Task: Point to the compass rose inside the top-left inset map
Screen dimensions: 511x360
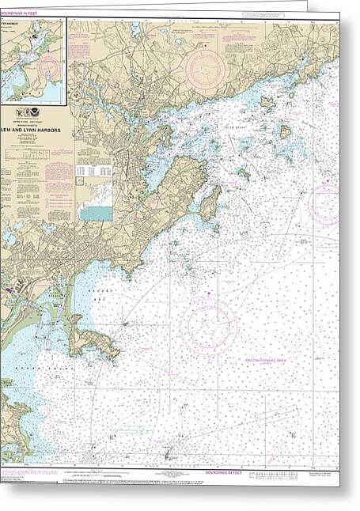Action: [x=48, y=59]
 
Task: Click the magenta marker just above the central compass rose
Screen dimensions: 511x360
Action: [x=208, y=295]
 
